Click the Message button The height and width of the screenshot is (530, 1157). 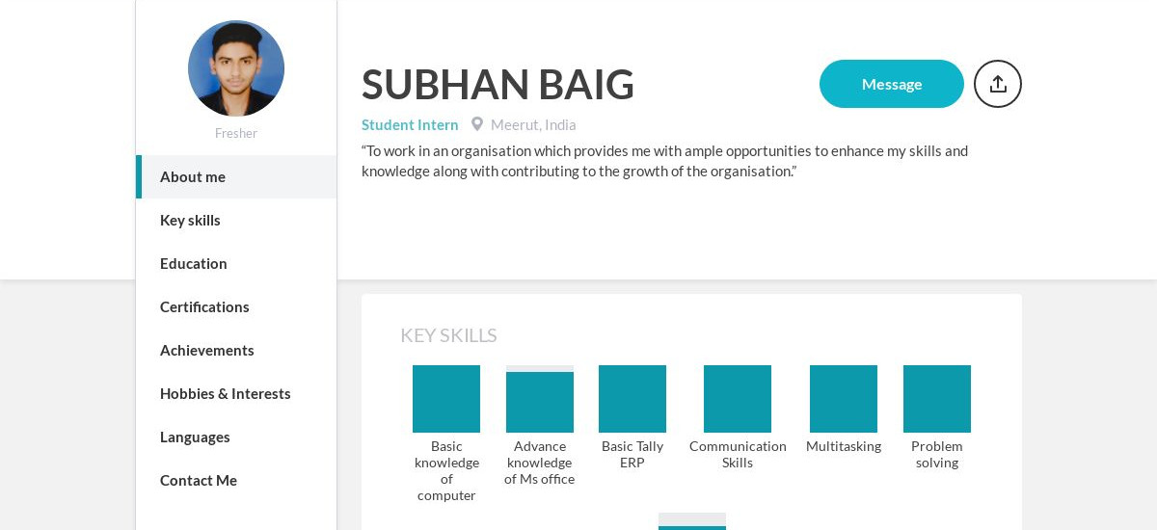[891, 84]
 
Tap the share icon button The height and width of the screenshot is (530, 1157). [997, 84]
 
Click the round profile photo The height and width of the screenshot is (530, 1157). [236, 68]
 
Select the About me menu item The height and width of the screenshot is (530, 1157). [193, 177]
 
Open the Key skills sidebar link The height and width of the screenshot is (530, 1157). [190, 221]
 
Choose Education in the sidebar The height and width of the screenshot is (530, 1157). [194, 264]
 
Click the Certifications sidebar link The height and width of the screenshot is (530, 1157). [204, 307]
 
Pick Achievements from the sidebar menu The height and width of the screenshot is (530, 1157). [207, 351]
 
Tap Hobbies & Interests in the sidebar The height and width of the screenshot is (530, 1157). [226, 394]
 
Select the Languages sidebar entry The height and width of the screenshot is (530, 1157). [195, 437]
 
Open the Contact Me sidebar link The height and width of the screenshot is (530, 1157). [199, 481]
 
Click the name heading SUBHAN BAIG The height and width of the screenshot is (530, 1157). [498, 85]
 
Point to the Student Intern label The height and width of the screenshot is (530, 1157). [410, 125]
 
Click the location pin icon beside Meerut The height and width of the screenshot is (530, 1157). [476, 124]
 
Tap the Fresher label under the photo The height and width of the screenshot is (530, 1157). [236, 134]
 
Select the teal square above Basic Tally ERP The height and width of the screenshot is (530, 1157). [632, 399]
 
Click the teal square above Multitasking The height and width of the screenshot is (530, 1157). [844, 399]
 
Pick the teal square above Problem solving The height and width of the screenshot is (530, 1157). [937, 399]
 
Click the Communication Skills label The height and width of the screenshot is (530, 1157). [738, 455]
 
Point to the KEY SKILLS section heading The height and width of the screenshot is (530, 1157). [448, 335]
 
